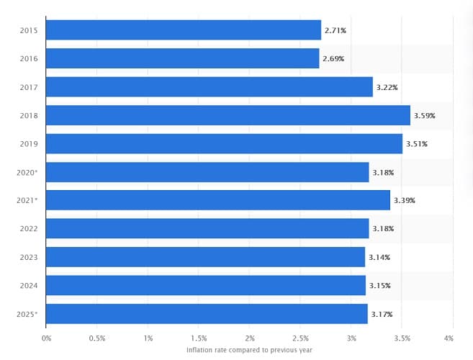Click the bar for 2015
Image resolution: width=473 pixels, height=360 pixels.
click(184, 30)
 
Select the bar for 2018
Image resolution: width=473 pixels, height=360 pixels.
click(228, 115)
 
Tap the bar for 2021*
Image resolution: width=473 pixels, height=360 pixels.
click(218, 200)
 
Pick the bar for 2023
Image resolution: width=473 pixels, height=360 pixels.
click(205, 257)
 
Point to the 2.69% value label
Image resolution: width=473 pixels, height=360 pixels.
click(333, 58)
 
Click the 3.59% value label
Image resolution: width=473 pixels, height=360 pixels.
click(425, 115)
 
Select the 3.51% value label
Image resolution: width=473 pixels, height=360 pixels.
click(416, 144)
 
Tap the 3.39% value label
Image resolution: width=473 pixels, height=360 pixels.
click(404, 200)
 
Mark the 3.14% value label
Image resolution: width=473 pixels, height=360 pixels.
click(379, 257)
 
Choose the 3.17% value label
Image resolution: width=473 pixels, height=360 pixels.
click(382, 314)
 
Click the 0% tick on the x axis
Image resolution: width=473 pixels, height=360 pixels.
click(47, 338)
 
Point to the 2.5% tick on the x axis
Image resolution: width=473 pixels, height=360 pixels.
click(301, 338)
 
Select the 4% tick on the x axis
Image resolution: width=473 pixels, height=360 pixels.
click(449, 338)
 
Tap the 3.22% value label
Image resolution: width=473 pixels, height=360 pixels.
click(387, 87)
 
